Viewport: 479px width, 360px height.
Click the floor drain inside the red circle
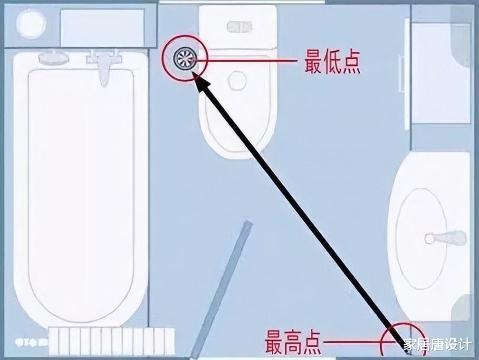184,59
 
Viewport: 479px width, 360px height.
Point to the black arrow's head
202,85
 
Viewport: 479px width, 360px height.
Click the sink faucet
447,237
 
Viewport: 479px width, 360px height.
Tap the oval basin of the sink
421,237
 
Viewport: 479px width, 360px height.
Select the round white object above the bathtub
31,24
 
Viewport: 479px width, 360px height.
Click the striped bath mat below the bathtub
112,341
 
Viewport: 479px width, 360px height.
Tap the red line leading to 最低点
252,60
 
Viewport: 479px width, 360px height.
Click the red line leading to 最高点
354,341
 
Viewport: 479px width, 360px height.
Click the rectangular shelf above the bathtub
102,27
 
